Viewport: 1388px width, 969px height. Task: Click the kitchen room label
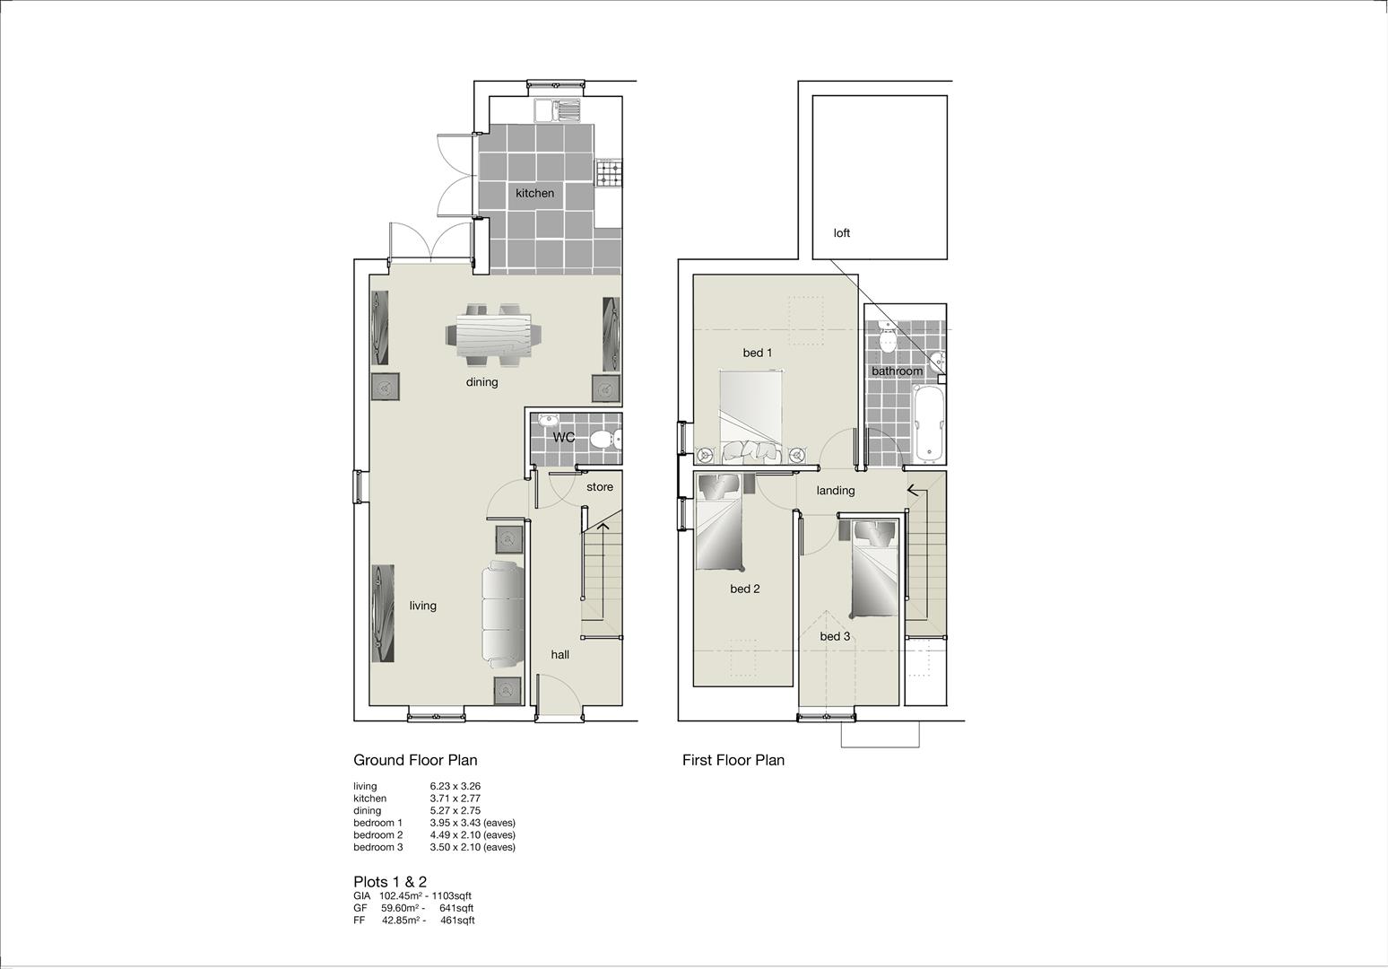(x=534, y=194)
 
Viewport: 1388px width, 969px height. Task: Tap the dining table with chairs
(x=494, y=336)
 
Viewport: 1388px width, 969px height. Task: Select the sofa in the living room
(x=503, y=615)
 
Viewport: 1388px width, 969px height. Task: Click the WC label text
(x=564, y=438)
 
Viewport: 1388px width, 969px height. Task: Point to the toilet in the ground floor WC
(x=605, y=440)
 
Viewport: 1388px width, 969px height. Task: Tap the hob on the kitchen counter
(x=609, y=172)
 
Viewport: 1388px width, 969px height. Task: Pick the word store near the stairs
(x=600, y=487)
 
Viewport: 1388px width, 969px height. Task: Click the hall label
(x=560, y=655)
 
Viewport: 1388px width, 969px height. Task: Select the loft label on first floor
(x=841, y=233)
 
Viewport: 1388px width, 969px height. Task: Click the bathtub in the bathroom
(x=929, y=424)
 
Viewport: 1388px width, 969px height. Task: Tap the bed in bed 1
(x=751, y=416)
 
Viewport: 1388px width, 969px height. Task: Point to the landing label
(x=836, y=491)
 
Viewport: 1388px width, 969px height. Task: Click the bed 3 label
(x=835, y=637)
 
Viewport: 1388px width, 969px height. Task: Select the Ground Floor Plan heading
(x=415, y=760)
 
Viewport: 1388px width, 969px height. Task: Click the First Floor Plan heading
(x=733, y=760)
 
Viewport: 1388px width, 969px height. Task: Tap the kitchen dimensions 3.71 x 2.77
(x=455, y=799)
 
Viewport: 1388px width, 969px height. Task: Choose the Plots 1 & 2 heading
(x=390, y=882)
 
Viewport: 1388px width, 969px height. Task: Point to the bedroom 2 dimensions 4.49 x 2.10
(x=455, y=835)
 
